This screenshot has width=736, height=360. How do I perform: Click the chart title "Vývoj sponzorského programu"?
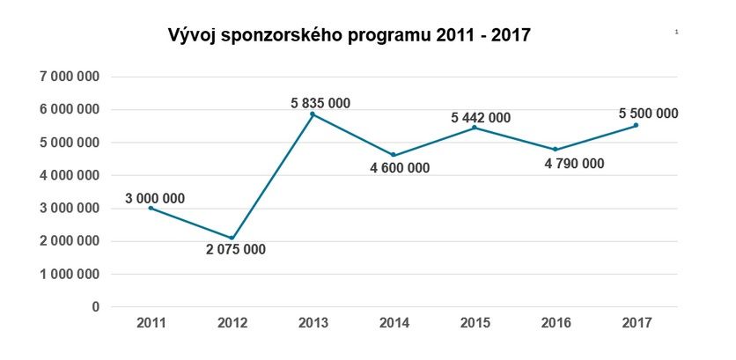tap(349, 36)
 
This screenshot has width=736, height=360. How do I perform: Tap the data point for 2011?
tap(151, 208)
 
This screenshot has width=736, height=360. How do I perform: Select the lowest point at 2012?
tap(232, 238)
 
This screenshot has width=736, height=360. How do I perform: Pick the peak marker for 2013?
tap(313, 114)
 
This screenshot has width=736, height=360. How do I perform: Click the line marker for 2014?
tap(393, 155)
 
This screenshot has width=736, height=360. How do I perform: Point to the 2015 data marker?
tap(475, 128)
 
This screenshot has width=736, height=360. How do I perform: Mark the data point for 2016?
tap(555, 149)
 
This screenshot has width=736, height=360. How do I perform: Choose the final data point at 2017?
tap(636, 125)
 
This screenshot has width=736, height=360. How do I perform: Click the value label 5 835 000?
tap(320, 103)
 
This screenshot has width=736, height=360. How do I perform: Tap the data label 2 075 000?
tap(236, 249)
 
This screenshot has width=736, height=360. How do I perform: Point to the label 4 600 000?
tap(400, 168)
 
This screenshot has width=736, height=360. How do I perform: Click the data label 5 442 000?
tap(481, 117)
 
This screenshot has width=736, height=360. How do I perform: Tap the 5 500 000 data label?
tap(648, 113)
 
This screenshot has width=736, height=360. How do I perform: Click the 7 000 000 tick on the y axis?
tap(70, 77)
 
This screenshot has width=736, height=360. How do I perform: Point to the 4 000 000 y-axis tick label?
tap(70, 175)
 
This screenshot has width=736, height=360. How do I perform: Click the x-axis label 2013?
tap(313, 323)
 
